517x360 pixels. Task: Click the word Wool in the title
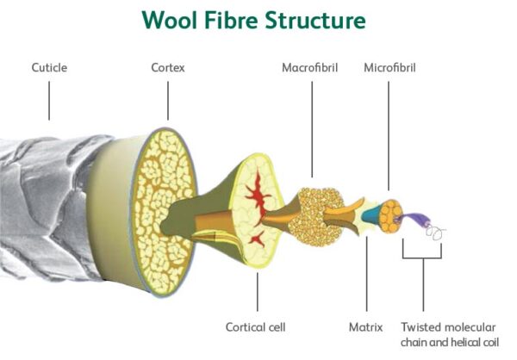172,20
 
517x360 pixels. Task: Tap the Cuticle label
49,66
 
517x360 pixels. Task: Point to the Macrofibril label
310,66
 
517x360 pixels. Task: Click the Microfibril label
390,66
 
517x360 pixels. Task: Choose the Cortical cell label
255,327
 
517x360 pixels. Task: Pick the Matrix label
365,327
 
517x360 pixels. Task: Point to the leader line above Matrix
366,276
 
